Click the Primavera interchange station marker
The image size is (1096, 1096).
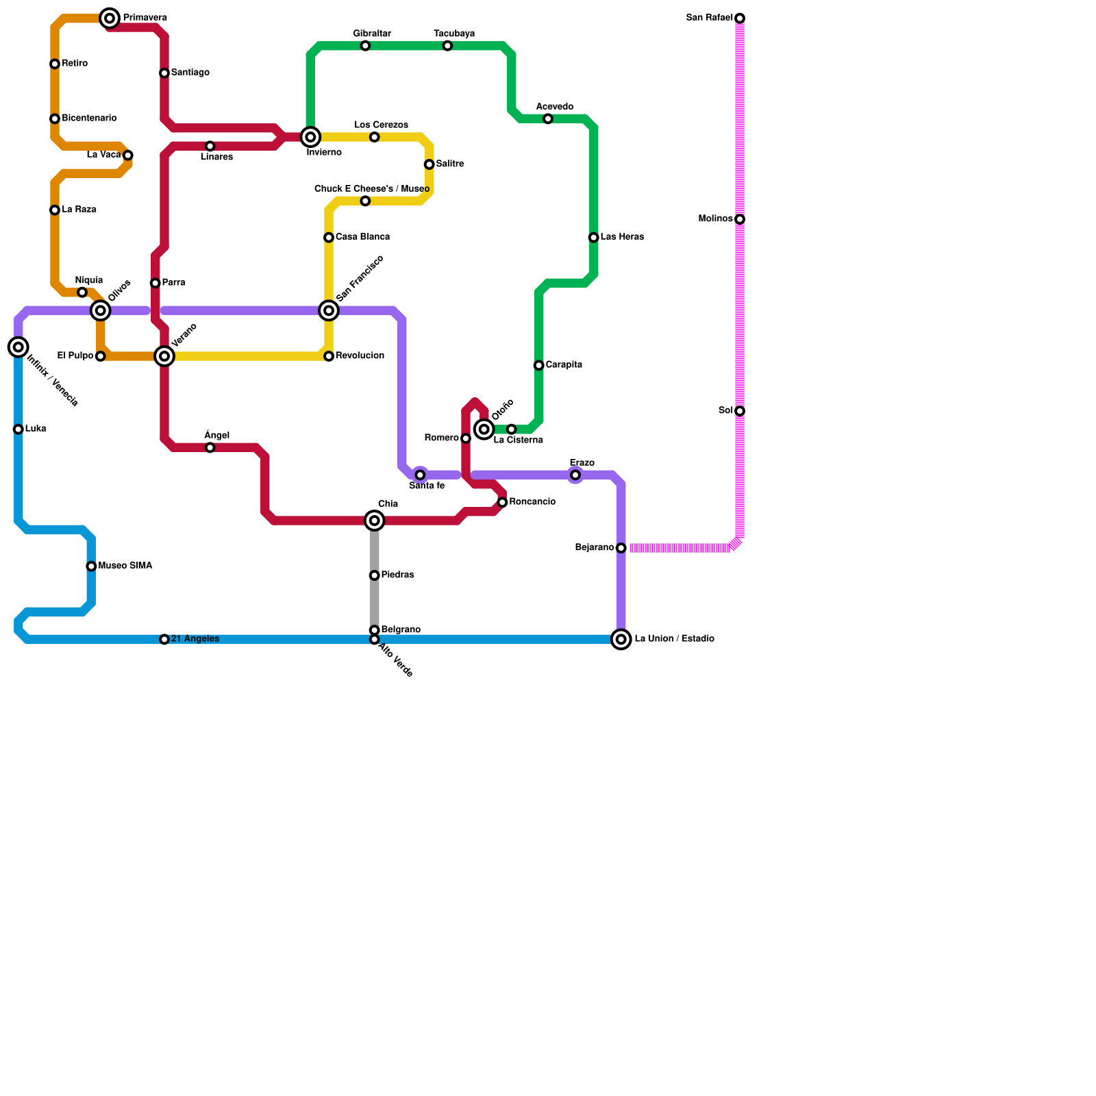pyautogui.click(x=110, y=18)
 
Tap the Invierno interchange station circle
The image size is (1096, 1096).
pyautogui.click(x=311, y=137)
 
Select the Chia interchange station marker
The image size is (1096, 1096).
pyautogui.click(x=375, y=521)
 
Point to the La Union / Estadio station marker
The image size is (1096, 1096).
pyautogui.click(x=621, y=640)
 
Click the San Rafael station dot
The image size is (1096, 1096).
pyautogui.click(x=740, y=18)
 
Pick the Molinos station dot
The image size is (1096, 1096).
pyautogui.click(x=740, y=219)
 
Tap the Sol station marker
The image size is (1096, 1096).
pyautogui.click(x=740, y=411)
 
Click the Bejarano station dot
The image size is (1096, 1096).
pyautogui.click(x=621, y=548)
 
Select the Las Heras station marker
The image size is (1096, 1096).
pyautogui.click(x=594, y=238)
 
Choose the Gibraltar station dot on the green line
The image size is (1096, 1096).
pyautogui.click(x=366, y=46)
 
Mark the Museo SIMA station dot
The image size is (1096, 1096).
pyautogui.click(x=92, y=566)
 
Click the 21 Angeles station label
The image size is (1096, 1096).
pyautogui.click(x=195, y=639)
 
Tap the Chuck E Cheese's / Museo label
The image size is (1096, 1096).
pyautogui.click(x=372, y=189)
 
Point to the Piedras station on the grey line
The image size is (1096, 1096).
pyautogui.click(x=375, y=575)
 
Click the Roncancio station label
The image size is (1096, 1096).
pyautogui.click(x=532, y=502)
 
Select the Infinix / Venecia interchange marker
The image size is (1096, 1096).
pyautogui.click(x=18, y=347)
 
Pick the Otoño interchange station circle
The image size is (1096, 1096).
pyautogui.click(x=484, y=429)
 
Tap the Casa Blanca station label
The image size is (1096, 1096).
pyautogui.click(x=362, y=237)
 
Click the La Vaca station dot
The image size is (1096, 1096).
pyautogui.click(x=128, y=155)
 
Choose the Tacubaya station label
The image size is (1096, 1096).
pyautogui.click(x=454, y=34)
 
